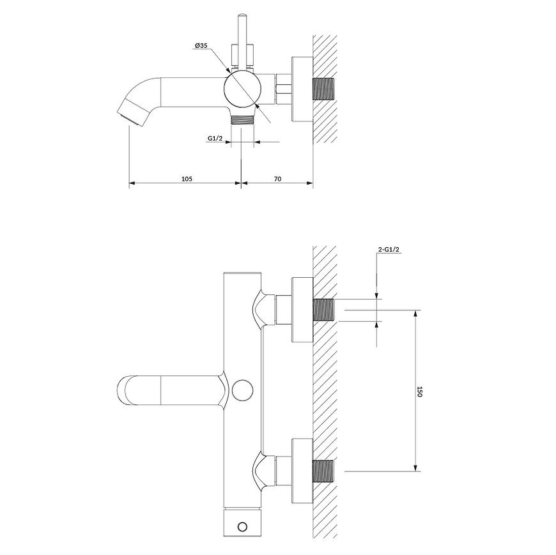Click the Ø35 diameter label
201,45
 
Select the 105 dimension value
187,179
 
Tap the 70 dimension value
277,179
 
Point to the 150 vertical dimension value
419,392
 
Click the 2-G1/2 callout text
389,250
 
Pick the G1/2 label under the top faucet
215,138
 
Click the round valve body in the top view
243,88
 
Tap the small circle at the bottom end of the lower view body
243,527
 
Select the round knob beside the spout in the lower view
243,390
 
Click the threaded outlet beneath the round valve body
243,119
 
